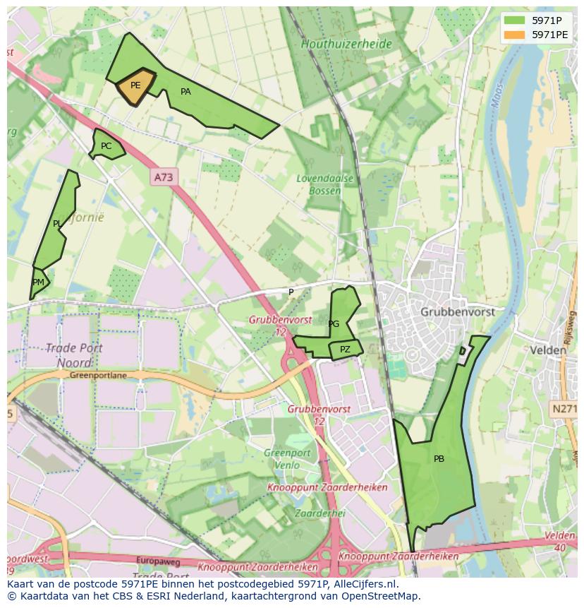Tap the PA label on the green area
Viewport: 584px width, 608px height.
185,92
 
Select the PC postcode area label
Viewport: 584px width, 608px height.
106,146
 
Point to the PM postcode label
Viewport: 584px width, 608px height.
38,282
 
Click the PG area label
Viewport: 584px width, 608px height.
334,324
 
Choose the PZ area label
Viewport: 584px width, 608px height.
345,350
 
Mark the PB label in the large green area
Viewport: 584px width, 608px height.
439,459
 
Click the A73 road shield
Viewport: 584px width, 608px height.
163,178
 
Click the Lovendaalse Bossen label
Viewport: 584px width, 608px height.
325,184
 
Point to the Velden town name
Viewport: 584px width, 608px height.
548,350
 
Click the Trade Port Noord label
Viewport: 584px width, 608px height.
74,355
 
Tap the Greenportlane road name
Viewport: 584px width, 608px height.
98,376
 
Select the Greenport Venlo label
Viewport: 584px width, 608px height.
287,459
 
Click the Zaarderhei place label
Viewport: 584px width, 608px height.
320,513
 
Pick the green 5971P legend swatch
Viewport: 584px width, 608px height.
515,20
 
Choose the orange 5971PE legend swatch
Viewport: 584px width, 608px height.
515,34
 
